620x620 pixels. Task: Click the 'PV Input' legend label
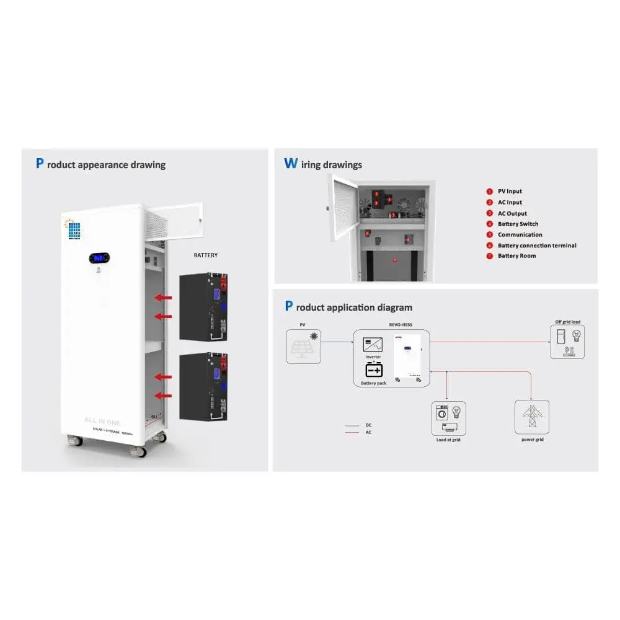[x=510, y=192]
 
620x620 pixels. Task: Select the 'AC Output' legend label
[x=512, y=213]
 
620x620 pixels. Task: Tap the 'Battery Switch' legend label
[x=518, y=224]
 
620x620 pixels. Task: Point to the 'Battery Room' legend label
[x=516, y=255]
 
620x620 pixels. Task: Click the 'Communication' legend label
[x=520, y=234]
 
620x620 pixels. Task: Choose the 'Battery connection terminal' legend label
[x=536, y=246]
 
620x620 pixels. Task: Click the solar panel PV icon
[x=304, y=347]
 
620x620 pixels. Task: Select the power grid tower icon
[x=531, y=417]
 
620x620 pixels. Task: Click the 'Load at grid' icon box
[x=449, y=418]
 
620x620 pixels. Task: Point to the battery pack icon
[x=374, y=370]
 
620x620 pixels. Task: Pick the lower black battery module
[x=203, y=387]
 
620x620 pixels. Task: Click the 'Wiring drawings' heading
[x=323, y=164]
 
